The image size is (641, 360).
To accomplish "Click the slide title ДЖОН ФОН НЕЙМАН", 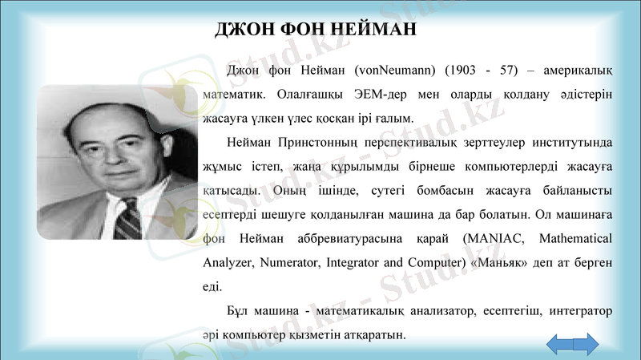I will (x=316, y=30).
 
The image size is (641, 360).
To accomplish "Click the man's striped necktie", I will (x=127, y=217).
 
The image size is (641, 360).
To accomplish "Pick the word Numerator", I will (x=290, y=262).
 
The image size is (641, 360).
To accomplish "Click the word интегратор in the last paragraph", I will (x=580, y=309).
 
